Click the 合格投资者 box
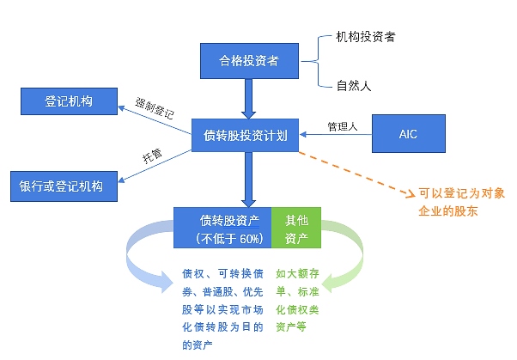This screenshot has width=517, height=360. tap(249, 61)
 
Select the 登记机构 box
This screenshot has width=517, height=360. tap(69, 101)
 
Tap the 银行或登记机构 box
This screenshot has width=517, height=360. tap(64, 186)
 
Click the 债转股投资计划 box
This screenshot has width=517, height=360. tap(245, 135)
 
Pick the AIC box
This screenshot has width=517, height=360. tap(409, 134)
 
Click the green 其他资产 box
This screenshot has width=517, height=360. tap(296, 228)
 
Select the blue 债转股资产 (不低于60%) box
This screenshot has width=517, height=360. tap(222, 228)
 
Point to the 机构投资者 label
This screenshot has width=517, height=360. tap(366, 37)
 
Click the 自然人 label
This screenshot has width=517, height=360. tap(354, 86)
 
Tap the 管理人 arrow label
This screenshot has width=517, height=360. tap(343, 126)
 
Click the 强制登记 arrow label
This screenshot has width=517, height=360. tap(155, 108)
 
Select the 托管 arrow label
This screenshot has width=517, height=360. tap(152, 156)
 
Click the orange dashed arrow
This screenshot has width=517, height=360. tap(356, 174)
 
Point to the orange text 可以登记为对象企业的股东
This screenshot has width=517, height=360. tap(462, 202)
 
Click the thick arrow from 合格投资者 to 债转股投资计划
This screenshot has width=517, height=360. tap(248, 99)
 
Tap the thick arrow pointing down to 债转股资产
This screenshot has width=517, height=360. tap(248, 180)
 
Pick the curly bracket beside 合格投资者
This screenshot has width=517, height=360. tap(318, 61)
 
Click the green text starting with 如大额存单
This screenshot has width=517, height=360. tap(297, 300)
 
